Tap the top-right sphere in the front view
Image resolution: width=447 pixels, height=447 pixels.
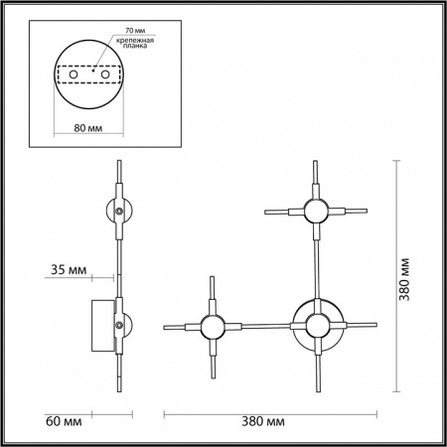pyautogui.click(x=316, y=211)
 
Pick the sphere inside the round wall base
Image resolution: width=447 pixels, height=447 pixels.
pyautogui.click(x=316, y=325)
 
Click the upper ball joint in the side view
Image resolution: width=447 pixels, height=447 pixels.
pyautogui.click(x=117, y=211)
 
